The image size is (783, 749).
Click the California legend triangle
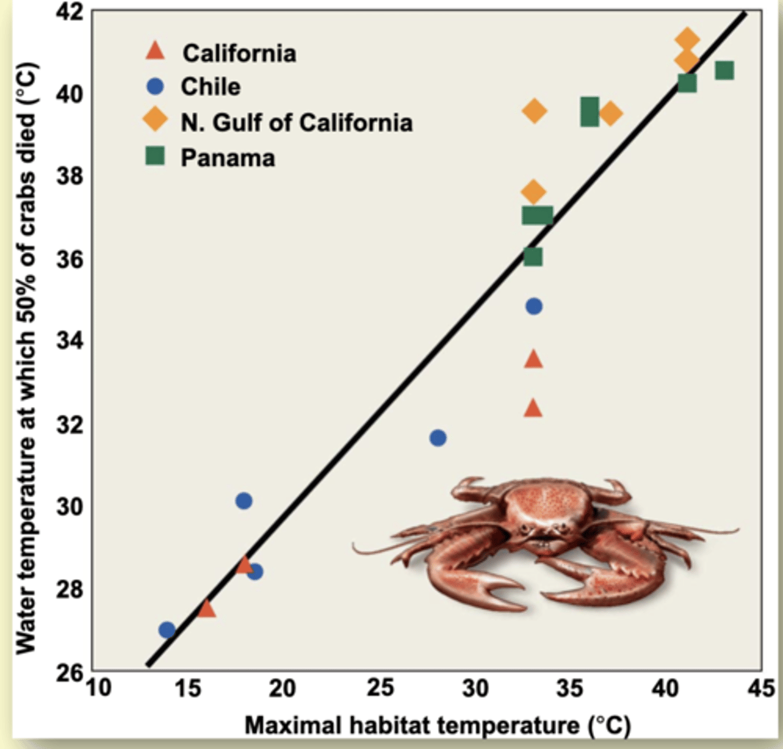(x=155, y=51)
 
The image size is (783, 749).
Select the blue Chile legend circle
(x=155, y=86)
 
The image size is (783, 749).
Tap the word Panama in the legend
(x=228, y=158)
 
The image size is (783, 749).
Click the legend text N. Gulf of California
(x=296, y=122)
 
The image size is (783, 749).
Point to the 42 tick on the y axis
(x=69, y=12)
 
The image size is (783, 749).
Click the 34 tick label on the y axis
(x=69, y=341)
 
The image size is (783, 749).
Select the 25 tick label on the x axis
(x=380, y=688)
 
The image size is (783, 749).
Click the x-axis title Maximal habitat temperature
(x=437, y=725)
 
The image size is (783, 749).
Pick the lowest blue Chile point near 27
(x=167, y=630)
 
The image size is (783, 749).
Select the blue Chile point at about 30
(x=244, y=501)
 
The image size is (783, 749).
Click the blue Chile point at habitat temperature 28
(x=438, y=438)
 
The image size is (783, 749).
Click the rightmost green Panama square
(x=724, y=71)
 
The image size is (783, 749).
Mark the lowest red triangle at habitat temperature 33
(x=533, y=408)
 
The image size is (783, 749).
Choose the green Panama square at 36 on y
(x=533, y=257)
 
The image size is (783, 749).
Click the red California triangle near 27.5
(x=207, y=609)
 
